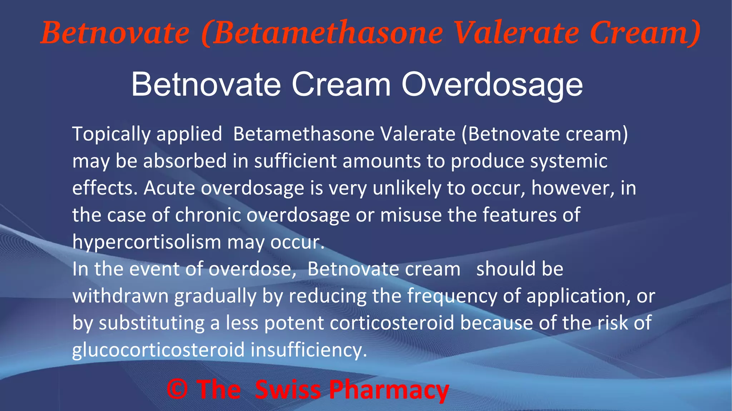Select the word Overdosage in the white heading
tap(492, 85)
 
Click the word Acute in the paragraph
tap(169, 188)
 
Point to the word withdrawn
tap(120, 296)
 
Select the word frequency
tap(452, 296)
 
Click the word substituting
tap(152, 323)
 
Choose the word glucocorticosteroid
tap(158, 350)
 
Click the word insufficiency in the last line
tap(308, 350)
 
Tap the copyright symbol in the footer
tap(177, 389)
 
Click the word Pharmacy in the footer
tap(389, 390)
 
